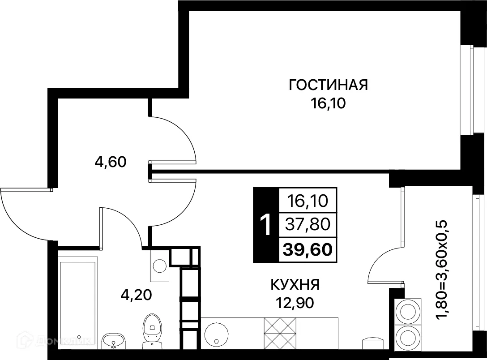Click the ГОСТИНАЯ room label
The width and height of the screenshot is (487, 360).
pyautogui.click(x=328, y=85)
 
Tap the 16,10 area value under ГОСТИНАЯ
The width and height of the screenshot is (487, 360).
pyautogui.click(x=328, y=104)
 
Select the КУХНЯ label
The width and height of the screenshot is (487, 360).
pyautogui.click(x=295, y=284)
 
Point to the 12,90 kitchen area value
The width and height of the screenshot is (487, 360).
pyautogui.click(x=295, y=303)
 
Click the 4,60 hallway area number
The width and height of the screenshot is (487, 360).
pyautogui.click(x=111, y=162)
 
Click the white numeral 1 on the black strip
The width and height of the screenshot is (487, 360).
pyautogui.click(x=265, y=225)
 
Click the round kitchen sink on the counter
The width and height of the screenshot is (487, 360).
pyautogui.click(x=217, y=333)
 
